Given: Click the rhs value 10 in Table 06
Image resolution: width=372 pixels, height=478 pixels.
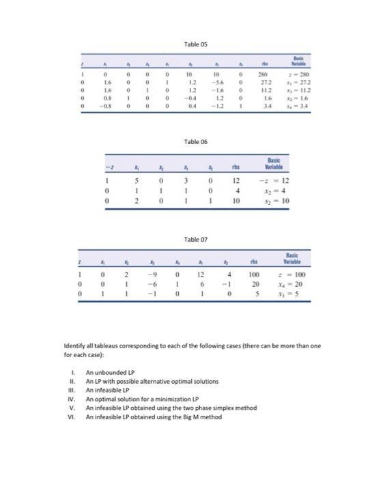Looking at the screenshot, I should point(252,202).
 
